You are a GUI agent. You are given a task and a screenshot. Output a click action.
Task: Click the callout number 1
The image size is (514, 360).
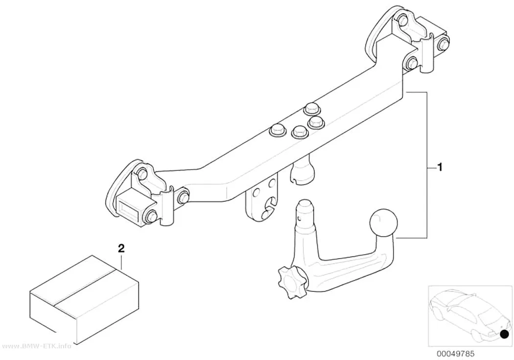(440, 167)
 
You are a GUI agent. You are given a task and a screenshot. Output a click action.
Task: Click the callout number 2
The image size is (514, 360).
(121, 248)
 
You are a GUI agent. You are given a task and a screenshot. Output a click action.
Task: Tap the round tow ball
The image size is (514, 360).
(383, 223)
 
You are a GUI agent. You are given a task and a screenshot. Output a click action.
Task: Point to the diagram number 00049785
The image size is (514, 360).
(455, 354)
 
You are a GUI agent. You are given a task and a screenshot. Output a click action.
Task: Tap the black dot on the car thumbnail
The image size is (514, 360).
(505, 334)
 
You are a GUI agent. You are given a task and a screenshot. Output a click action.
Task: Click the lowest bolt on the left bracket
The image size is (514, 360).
(151, 216)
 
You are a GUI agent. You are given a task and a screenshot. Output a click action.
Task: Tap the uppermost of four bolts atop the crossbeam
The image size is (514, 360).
(312, 109)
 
